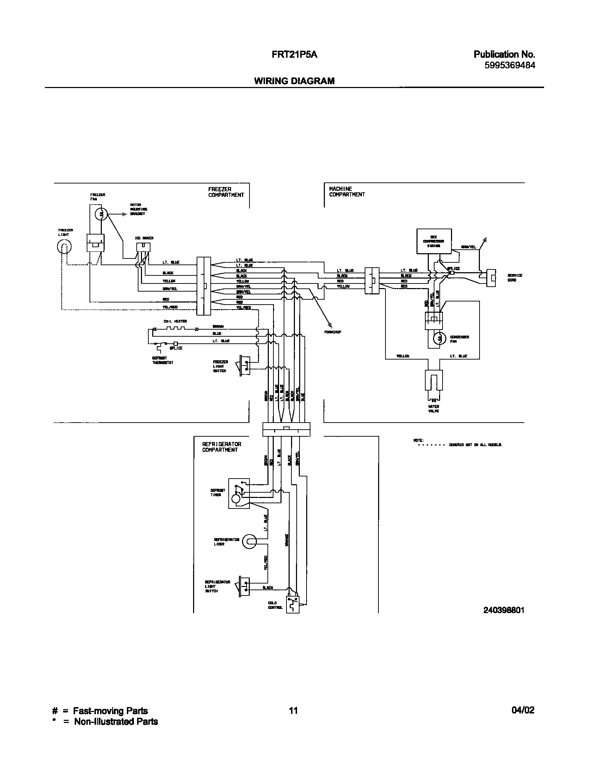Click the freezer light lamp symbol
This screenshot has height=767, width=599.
(64, 247)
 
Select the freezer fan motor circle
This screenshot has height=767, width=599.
(101, 214)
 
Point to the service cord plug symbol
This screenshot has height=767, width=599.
(491, 278)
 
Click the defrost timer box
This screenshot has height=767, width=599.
(239, 493)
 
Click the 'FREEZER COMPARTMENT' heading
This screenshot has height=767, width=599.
(226, 192)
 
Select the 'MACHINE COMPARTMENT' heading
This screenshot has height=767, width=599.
(347, 192)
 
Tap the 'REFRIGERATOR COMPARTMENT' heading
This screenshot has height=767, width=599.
(222, 447)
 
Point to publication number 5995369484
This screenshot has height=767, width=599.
(510, 65)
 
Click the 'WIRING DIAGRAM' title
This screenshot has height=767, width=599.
(294, 81)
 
